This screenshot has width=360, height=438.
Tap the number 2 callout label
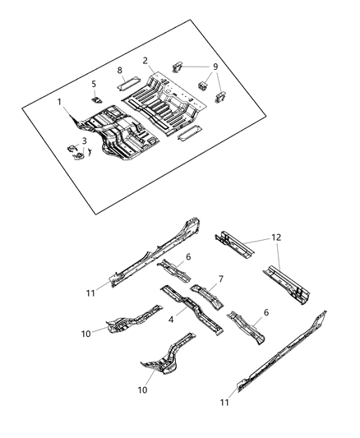click(145, 60)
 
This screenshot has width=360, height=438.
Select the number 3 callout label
click(84, 141)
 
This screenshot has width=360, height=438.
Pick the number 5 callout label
click(94, 83)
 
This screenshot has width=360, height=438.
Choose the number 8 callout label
click(120, 71)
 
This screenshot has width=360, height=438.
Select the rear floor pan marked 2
click(168, 103)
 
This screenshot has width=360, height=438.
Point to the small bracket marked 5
click(97, 98)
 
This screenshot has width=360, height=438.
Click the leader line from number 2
click(150, 67)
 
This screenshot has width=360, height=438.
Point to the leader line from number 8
click(125, 76)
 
